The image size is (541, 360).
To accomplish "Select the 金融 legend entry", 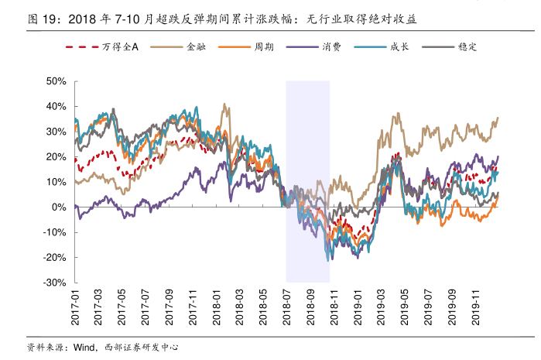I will (x=194, y=46).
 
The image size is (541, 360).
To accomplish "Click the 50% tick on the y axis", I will (x=56, y=81).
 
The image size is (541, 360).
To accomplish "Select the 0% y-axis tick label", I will (x=59, y=207).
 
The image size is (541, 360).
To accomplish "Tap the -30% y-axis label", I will (x=54, y=283).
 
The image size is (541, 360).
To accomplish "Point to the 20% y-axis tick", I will (x=56, y=157).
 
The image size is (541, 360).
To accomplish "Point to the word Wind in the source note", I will (x=84, y=347).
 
